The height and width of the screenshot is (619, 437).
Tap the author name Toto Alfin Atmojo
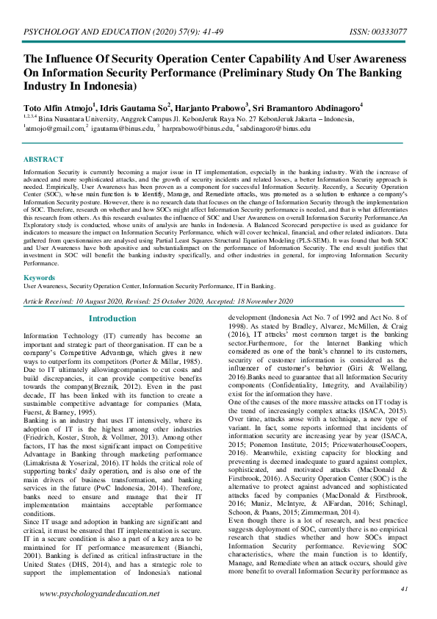[x=57, y=108]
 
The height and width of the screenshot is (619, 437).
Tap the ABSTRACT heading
[x=43, y=160]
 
